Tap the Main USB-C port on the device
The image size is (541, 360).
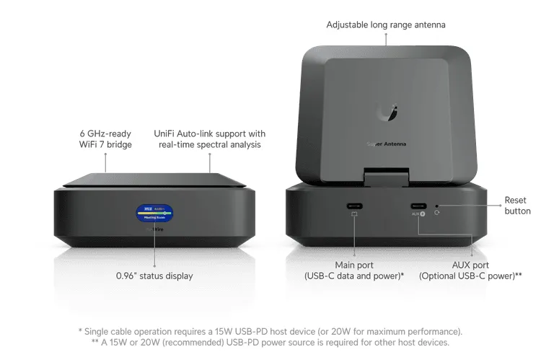coord(354,203)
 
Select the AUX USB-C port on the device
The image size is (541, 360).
coord(418,203)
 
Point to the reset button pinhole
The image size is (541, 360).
coord(438,205)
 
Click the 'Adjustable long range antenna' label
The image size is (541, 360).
coord(386,25)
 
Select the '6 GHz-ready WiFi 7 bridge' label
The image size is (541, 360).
coord(105,139)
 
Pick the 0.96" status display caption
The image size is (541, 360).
coord(154,276)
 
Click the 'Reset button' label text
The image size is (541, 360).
coord(516,205)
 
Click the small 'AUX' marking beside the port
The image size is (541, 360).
coord(415,214)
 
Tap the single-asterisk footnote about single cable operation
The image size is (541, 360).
coord(270,331)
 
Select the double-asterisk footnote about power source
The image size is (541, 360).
coord(270,342)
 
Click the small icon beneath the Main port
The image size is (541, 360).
coord(354,214)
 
